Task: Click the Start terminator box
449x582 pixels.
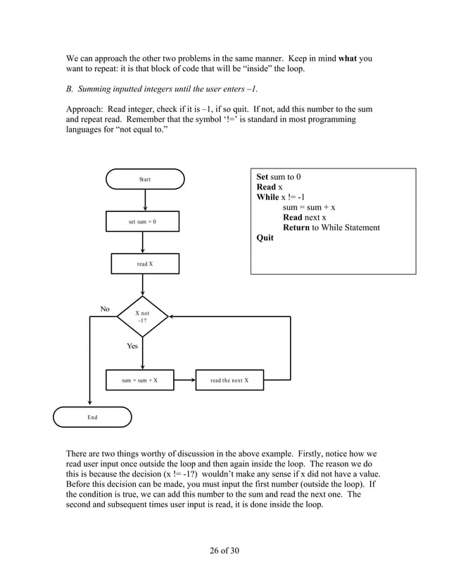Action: tap(145, 179)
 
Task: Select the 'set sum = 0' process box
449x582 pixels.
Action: tap(142, 222)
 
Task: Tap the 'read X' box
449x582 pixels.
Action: tap(145, 264)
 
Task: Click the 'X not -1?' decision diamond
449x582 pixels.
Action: tap(143, 317)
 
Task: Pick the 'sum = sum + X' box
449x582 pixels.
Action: tap(139, 380)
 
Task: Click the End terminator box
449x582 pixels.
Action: tap(92, 417)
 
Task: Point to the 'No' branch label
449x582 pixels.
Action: tap(105, 309)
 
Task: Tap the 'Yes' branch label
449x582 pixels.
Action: tap(132, 346)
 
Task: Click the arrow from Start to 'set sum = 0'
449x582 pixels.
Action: tap(145, 200)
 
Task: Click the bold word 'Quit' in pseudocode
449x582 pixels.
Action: tap(265, 238)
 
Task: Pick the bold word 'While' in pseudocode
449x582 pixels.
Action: tap(268, 197)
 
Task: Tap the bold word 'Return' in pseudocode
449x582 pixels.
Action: tap(296, 228)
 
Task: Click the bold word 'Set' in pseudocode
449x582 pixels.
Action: tap(263, 177)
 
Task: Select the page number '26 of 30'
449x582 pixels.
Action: tap(224, 550)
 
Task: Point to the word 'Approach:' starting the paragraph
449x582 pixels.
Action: tap(86, 109)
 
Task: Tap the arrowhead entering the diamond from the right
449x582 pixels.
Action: tap(172, 317)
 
